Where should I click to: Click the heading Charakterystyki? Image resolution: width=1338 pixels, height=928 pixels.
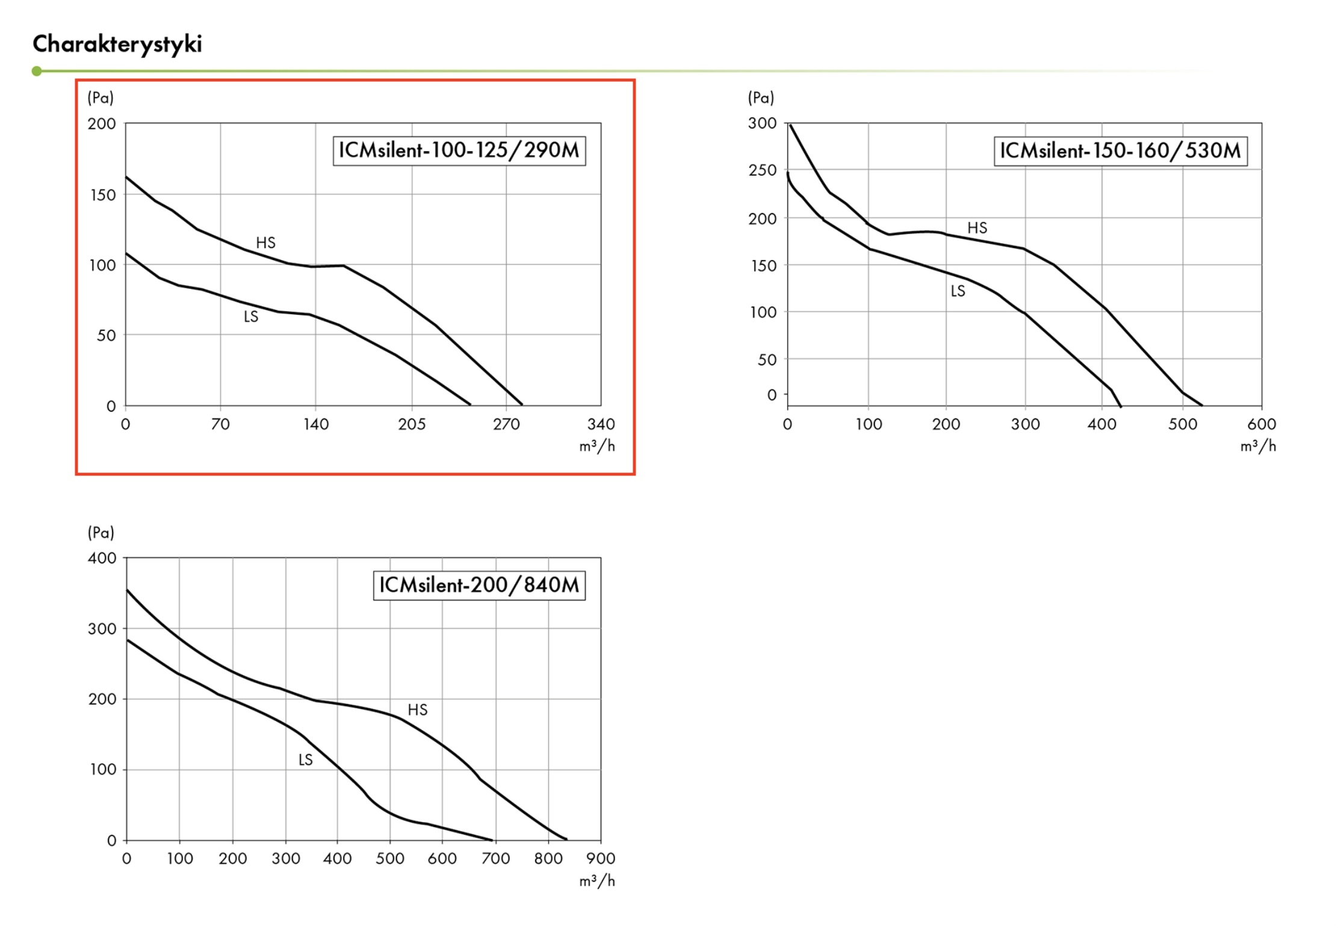117,44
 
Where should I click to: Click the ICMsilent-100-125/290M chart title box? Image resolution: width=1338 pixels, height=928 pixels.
459,150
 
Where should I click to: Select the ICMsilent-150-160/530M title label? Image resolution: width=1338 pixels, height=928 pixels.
1120,150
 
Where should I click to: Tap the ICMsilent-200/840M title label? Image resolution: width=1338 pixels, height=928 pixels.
479,585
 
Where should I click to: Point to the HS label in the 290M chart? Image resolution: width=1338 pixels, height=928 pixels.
265,243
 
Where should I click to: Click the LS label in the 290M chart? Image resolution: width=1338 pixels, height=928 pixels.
251,317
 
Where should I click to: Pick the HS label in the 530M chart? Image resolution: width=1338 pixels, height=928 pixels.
977,227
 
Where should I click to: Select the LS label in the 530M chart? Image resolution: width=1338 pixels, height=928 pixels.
958,291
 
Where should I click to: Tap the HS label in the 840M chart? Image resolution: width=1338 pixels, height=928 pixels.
417,710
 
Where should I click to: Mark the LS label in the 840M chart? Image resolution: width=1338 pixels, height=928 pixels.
306,760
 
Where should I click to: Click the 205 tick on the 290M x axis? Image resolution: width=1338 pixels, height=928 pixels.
412,424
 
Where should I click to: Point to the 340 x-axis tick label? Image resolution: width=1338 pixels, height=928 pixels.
601,424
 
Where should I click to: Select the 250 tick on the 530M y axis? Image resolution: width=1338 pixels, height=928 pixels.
762,170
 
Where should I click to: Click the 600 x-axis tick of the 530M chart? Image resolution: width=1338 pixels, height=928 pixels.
1261,424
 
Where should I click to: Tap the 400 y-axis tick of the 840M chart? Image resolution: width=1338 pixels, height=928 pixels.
102,558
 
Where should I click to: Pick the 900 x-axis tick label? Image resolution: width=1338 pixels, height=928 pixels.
600,859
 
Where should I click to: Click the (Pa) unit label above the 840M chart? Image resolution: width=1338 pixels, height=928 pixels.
101,533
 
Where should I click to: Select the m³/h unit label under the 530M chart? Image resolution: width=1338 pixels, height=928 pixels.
1257,446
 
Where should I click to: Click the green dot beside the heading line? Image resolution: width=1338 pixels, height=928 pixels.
37,71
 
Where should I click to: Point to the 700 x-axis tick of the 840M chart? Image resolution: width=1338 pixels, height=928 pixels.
495,859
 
